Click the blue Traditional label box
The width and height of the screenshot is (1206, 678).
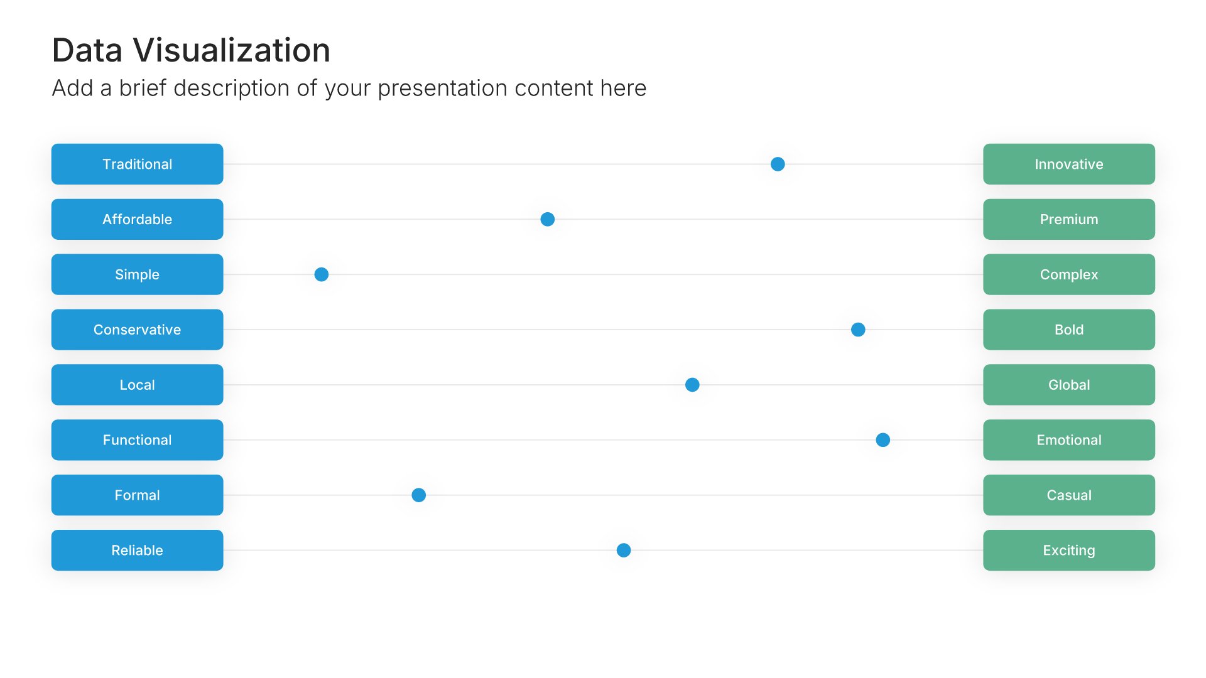(137, 164)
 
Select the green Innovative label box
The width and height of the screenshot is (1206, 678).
(1068, 164)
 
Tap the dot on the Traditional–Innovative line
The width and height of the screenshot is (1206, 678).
(778, 164)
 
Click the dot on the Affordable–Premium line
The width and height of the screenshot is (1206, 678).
(548, 219)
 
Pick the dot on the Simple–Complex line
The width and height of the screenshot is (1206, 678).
(322, 274)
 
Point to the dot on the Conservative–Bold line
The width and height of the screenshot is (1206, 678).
(858, 330)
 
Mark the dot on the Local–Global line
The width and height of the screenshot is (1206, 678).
(692, 385)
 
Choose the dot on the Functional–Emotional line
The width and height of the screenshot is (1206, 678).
(883, 440)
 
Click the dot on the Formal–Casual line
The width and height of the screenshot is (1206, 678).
(419, 495)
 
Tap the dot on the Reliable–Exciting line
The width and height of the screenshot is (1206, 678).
(624, 551)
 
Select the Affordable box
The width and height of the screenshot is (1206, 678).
(137, 219)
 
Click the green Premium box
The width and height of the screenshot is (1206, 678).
(1068, 219)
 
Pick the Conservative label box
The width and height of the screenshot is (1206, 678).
(137, 330)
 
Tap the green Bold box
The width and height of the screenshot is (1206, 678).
(1068, 330)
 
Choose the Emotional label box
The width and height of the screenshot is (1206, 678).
(1068, 440)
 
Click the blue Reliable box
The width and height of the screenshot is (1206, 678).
(137, 551)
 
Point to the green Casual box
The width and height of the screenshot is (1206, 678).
(1068, 495)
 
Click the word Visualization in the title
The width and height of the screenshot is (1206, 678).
(232, 50)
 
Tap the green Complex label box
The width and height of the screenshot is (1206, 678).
(1068, 274)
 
